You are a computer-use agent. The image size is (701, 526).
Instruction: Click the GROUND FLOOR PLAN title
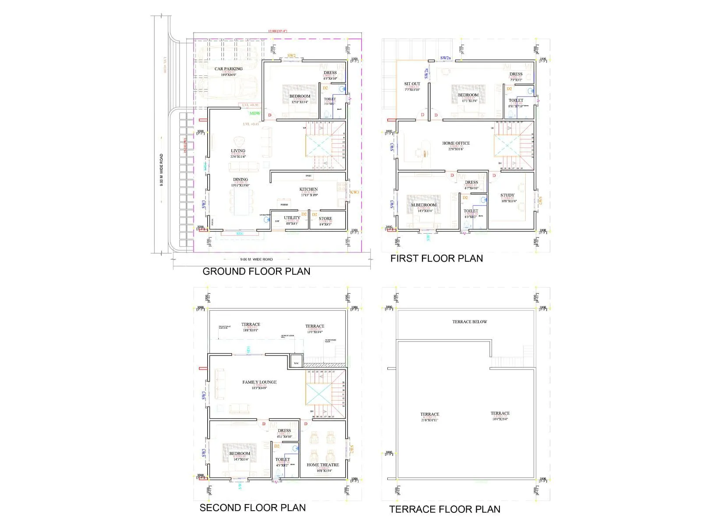coord(256,271)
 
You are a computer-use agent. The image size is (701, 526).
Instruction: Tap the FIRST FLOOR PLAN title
coord(436,259)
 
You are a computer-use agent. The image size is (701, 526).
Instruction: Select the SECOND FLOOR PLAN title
coord(252,508)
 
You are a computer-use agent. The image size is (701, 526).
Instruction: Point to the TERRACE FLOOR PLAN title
coord(445,509)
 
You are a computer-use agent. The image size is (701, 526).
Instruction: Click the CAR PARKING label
coord(228,69)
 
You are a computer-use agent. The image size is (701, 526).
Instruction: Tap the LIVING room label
coord(238,151)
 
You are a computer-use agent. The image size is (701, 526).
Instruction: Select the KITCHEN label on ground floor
coord(308,189)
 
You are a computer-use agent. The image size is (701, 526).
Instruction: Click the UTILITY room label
coord(292,218)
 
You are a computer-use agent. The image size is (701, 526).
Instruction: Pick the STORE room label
coord(325,218)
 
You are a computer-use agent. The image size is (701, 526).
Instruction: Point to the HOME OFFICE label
coord(456,143)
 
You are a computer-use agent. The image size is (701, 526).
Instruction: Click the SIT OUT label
coord(412,84)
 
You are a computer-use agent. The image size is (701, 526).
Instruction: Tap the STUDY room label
coord(507,195)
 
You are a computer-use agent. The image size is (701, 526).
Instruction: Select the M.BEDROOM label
coord(423,205)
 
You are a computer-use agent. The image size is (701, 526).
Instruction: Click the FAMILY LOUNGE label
coord(259,382)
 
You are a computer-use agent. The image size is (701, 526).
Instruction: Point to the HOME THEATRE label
coord(322,465)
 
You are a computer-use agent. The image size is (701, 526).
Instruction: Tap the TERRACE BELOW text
coord(469,322)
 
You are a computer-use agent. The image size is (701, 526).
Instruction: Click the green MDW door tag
coord(255,114)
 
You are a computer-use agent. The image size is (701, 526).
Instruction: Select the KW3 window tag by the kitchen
coord(354,192)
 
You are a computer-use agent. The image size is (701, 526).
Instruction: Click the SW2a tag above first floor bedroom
coord(445,58)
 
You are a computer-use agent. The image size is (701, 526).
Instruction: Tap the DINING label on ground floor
coord(240,179)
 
